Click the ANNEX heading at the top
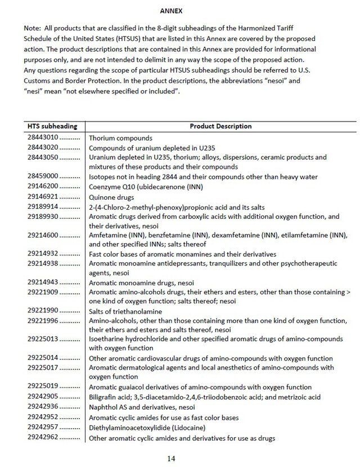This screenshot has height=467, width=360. point(170,11)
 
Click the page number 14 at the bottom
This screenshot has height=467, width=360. point(172,458)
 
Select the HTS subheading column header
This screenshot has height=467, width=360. point(56,127)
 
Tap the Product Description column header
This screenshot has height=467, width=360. point(221,127)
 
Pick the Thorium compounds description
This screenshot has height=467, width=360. point(121,138)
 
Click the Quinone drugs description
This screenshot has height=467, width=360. point(111,197)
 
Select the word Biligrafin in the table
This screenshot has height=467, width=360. point(105,397)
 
